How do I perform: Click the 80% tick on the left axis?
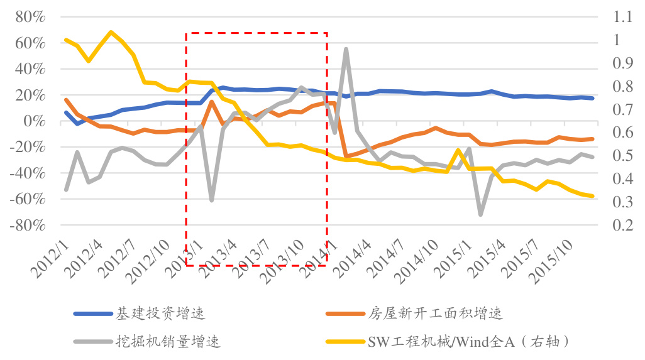click(29, 17)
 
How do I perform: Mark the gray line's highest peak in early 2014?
click(346, 49)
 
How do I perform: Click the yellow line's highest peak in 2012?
click(111, 32)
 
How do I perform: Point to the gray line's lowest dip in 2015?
click(481, 215)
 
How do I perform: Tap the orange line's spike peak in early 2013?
click(212, 102)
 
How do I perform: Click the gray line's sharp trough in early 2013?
click(212, 200)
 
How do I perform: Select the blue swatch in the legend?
click(92, 313)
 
